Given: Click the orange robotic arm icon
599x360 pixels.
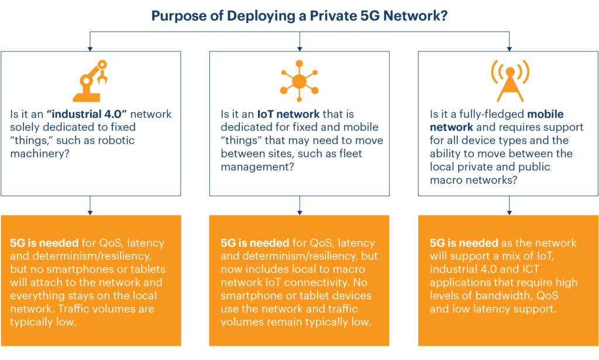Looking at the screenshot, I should [89, 81].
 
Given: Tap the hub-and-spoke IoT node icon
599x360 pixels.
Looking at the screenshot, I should [299, 81].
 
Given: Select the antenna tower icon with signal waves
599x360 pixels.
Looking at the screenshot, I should [509, 81].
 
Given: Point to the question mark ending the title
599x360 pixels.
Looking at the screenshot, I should [444, 16].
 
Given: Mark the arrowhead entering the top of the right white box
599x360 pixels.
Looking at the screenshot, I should [509, 47].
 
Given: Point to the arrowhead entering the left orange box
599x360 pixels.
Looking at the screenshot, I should [90, 212].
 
